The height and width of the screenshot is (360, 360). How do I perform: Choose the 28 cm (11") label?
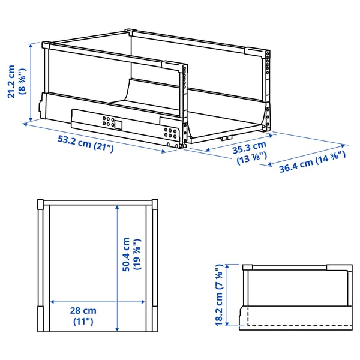82,316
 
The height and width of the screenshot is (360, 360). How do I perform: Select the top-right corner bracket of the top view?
155,205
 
